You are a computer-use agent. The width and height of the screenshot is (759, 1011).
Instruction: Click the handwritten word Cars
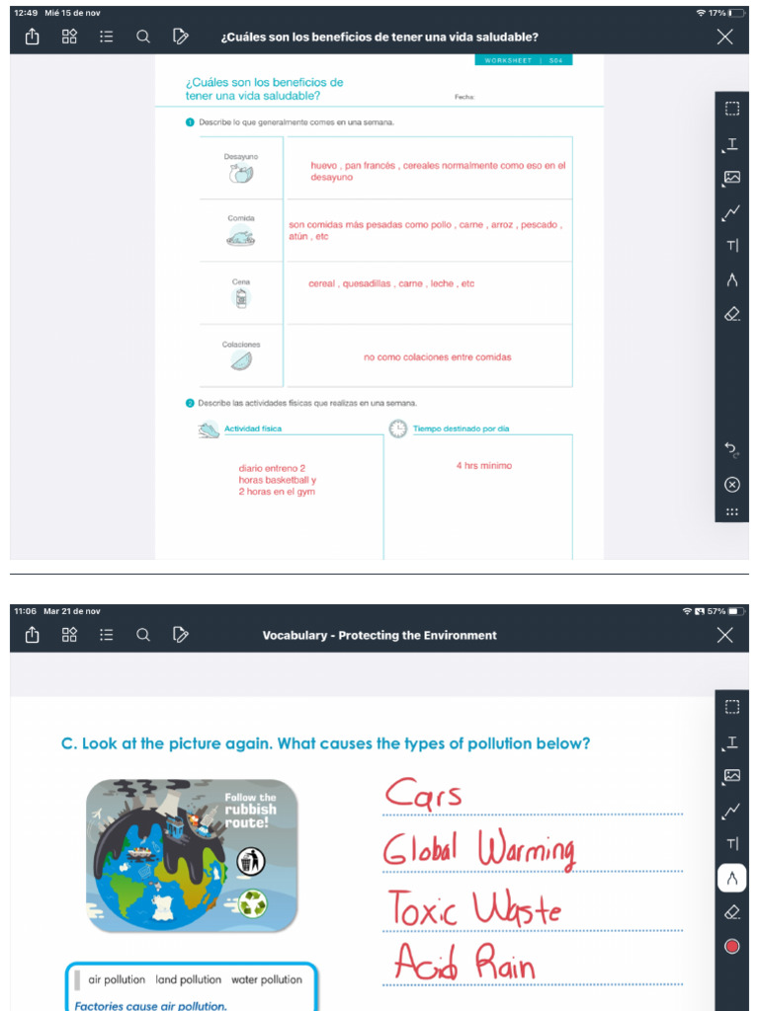click(423, 794)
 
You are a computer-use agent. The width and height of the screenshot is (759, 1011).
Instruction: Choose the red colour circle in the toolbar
click(731, 946)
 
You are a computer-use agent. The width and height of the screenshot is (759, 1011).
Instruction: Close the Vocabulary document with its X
click(725, 635)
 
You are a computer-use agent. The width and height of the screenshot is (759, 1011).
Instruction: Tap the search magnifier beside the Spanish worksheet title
click(143, 37)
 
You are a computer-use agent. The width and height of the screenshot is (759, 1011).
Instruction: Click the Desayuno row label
click(241, 157)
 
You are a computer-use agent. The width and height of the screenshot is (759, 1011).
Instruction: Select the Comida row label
click(241, 217)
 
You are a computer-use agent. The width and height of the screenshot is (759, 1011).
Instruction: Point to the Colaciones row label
click(241, 344)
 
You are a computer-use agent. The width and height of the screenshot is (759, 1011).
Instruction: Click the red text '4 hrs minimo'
click(484, 465)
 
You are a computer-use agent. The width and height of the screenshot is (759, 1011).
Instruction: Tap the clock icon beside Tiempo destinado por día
click(397, 428)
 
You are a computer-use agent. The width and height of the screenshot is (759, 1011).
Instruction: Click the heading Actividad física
click(253, 428)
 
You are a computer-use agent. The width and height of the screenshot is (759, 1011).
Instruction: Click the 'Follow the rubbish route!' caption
click(251, 809)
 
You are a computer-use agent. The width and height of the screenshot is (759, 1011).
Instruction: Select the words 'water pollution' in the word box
click(267, 979)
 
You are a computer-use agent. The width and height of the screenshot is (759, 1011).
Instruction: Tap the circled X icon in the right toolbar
click(731, 484)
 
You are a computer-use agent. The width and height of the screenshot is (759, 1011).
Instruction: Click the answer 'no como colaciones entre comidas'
click(437, 357)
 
